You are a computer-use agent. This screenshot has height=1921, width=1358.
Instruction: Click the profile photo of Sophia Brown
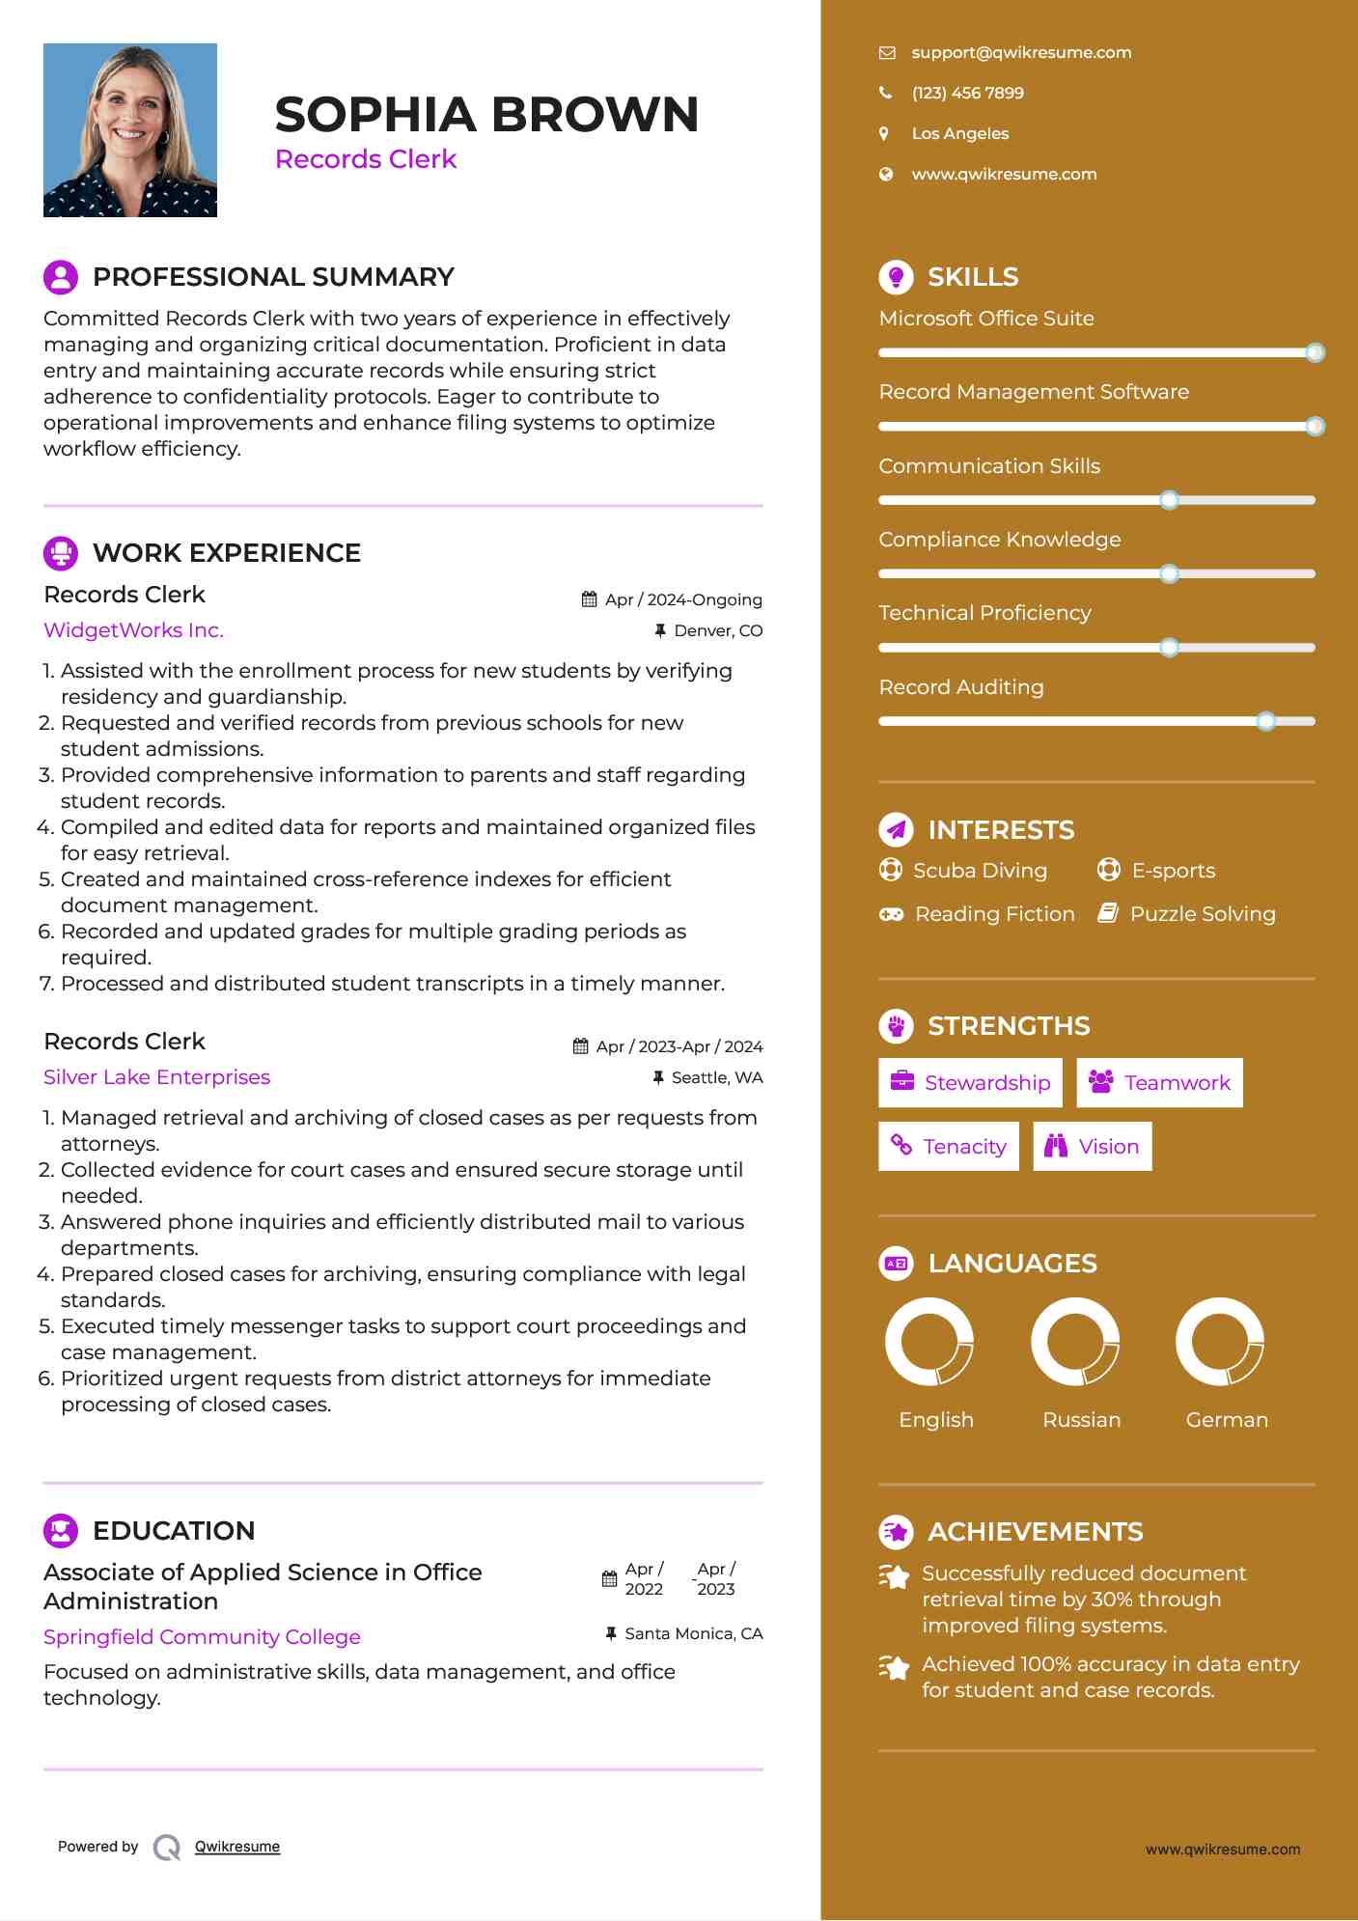click(x=130, y=130)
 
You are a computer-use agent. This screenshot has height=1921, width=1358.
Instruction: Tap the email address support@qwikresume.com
click(x=1021, y=52)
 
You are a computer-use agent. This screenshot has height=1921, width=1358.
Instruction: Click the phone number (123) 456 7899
click(x=967, y=93)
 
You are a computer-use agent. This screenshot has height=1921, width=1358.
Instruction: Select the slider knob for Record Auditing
click(x=1266, y=721)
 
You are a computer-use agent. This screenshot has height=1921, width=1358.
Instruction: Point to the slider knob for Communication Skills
click(x=1169, y=500)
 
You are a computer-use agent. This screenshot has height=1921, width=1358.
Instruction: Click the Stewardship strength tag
click(x=970, y=1083)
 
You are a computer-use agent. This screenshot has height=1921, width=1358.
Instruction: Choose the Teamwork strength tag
click(x=1159, y=1083)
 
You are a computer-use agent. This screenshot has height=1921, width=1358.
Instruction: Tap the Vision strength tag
click(x=1093, y=1147)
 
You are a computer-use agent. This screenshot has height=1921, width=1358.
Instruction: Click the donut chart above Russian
click(x=1075, y=1341)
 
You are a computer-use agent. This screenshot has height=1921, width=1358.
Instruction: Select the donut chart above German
click(x=1220, y=1341)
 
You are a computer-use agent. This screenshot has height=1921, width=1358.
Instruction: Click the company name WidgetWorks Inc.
click(x=133, y=630)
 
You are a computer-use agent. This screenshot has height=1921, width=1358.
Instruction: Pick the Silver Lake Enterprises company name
click(x=156, y=1077)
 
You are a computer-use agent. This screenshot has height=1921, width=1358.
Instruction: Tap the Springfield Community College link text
click(x=202, y=1637)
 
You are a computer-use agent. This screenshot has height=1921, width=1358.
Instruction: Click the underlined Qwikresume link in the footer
click(x=237, y=1847)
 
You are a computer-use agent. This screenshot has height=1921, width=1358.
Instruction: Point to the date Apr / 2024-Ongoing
click(x=683, y=599)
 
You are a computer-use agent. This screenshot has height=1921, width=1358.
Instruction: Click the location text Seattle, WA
click(x=717, y=1077)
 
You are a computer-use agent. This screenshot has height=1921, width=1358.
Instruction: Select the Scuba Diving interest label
click(x=980, y=871)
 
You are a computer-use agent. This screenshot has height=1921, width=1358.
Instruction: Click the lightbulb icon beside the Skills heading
click(x=896, y=277)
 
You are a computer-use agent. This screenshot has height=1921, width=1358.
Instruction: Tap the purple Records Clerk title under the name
click(x=366, y=159)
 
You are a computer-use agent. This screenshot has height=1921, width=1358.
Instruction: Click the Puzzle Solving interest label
click(x=1203, y=914)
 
